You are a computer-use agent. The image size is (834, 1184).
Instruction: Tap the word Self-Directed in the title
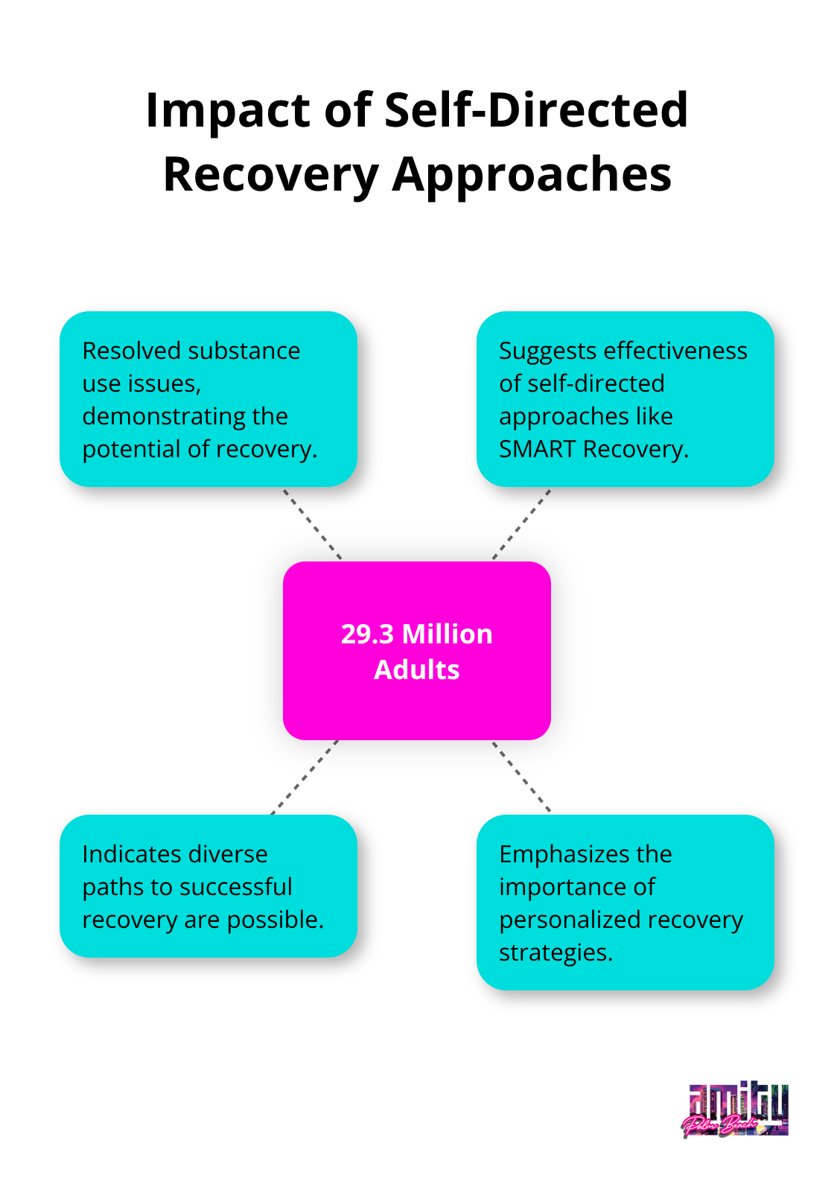(x=535, y=109)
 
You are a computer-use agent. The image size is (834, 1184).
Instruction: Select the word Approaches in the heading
(x=532, y=176)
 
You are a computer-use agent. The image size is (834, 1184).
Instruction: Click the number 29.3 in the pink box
(x=367, y=634)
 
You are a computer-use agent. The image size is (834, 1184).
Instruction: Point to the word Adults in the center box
(x=416, y=670)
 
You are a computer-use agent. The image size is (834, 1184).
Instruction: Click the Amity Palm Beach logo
(x=736, y=1110)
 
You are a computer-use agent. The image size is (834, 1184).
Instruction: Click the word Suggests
(x=547, y=351)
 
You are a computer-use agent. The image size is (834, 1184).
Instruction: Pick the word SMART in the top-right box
(x=537, y=449)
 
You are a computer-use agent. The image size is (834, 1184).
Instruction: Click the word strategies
(x=555, y=952)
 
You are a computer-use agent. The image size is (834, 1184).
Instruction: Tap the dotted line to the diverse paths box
(x=305, y=777)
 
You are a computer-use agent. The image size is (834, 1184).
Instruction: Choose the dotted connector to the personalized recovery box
(x=521, y=776)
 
